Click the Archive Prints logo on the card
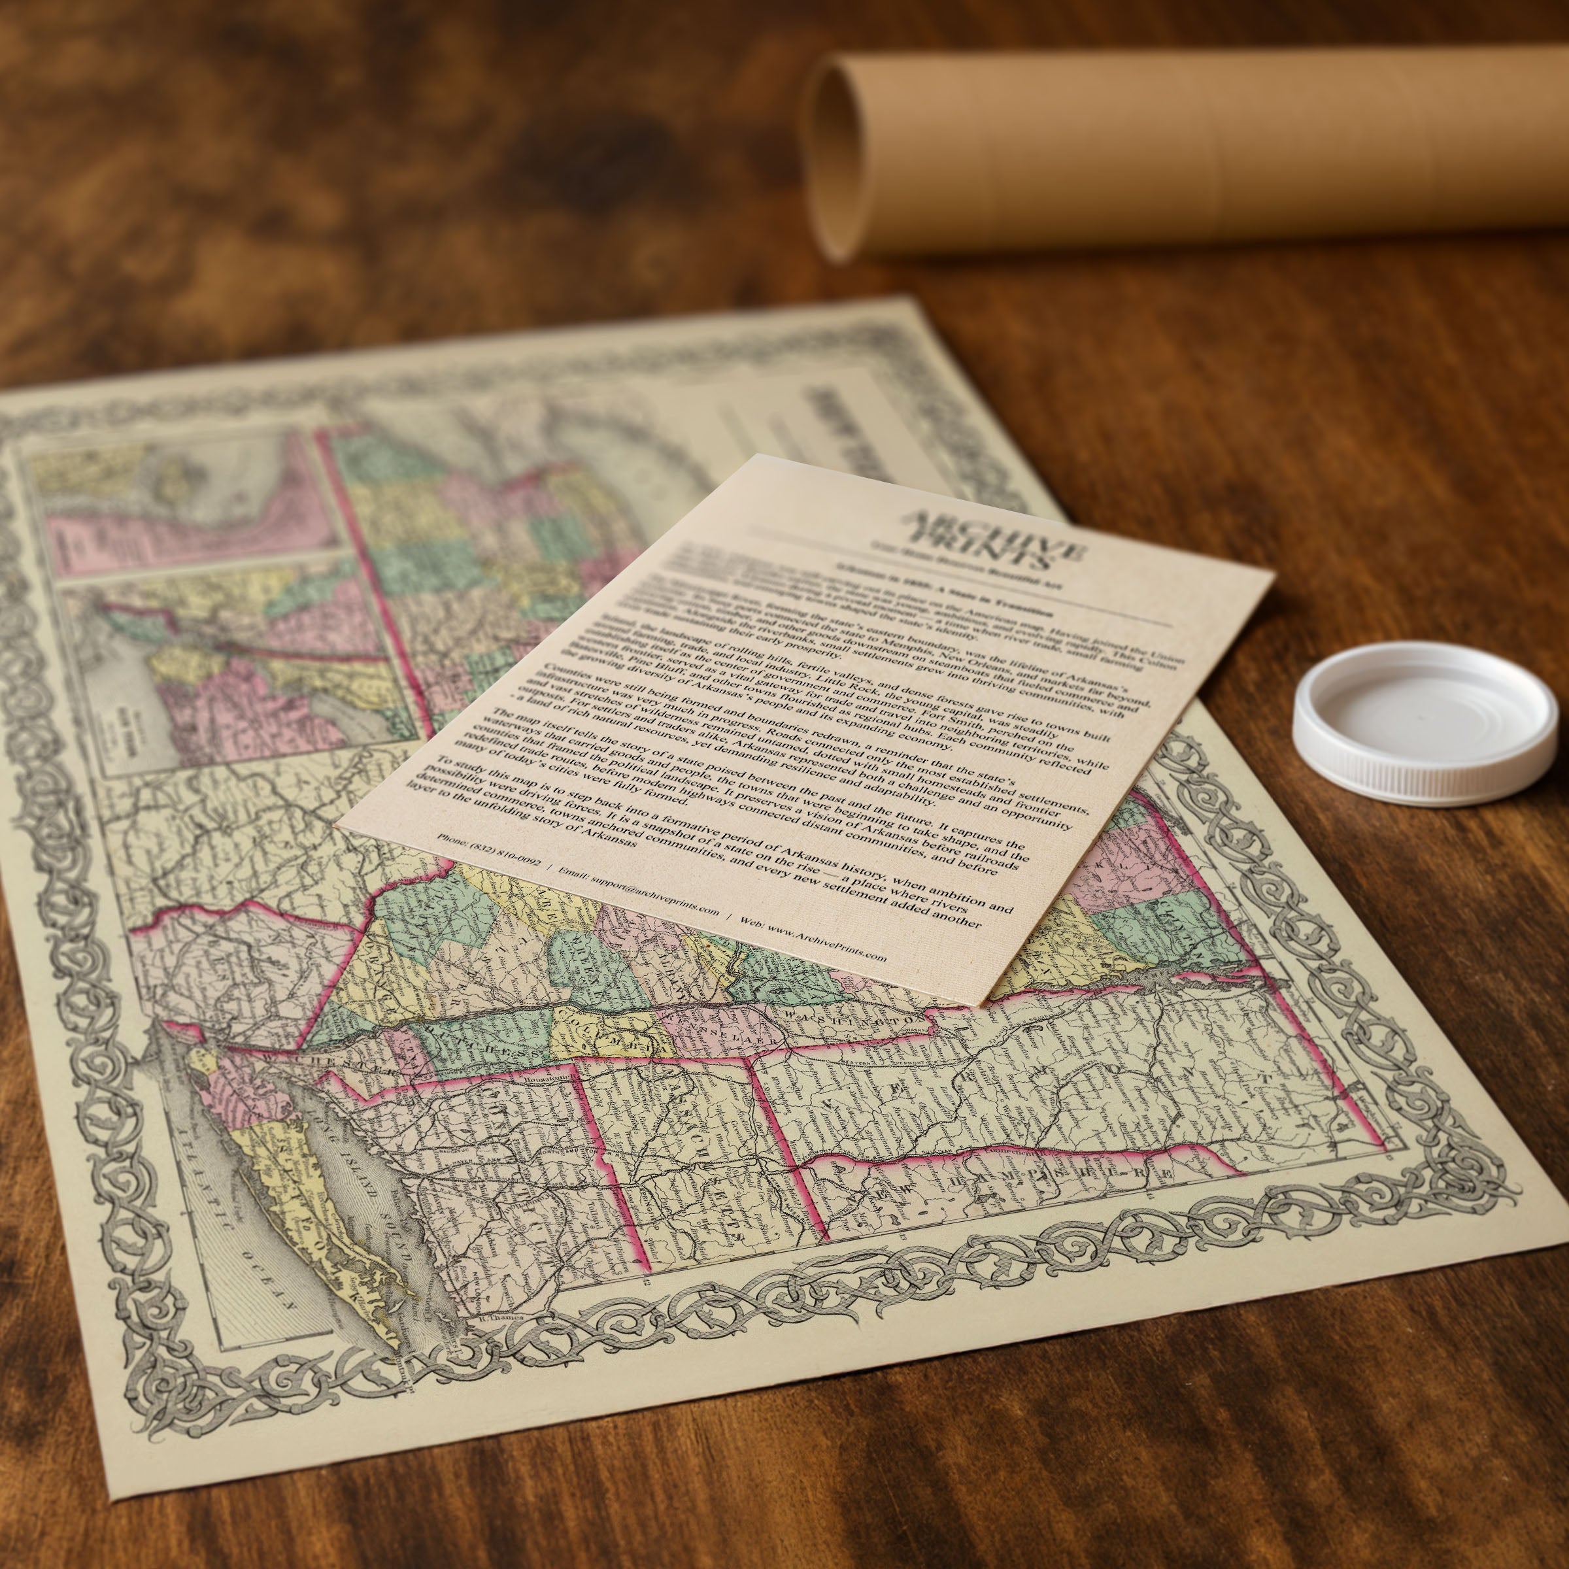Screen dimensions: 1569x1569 1000,539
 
